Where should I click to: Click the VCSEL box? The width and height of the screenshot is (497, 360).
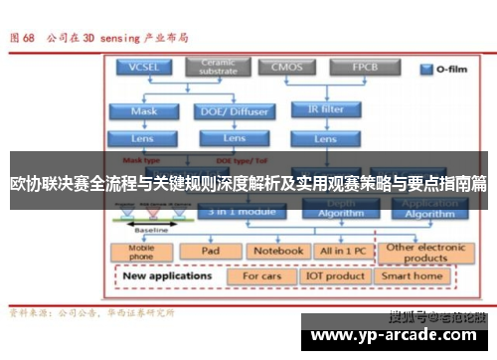144,68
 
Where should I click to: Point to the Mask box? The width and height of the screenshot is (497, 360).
144,111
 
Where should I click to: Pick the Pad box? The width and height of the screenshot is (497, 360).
210,252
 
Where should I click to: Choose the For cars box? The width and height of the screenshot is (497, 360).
263,275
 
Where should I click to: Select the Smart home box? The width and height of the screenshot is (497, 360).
413,275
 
